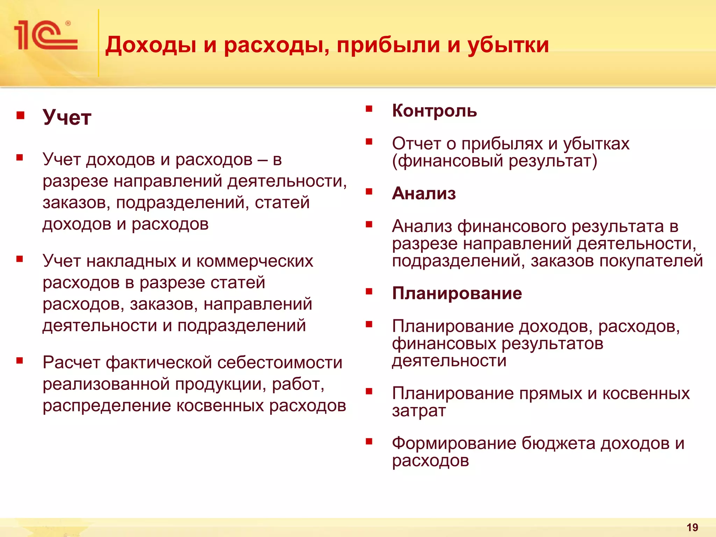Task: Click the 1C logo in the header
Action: [x=45, y=35]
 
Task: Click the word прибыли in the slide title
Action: [x=388, y=45]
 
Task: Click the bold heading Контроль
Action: [x=434, y=111]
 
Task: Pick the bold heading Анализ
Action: [x=424, y=193]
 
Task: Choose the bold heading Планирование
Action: [x=457, y=293]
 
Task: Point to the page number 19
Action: [x=692, y=527]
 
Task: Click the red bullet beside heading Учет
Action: [x=20, y=115]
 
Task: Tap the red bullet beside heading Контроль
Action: [x=369, y=109]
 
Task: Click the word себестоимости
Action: [x=280, y=363]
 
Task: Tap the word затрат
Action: [x=419, y=410]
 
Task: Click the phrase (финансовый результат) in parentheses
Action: [x=494, y=161]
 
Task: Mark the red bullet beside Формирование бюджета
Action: [x=369, y=441]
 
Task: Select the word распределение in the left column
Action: [x=107, y=406]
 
